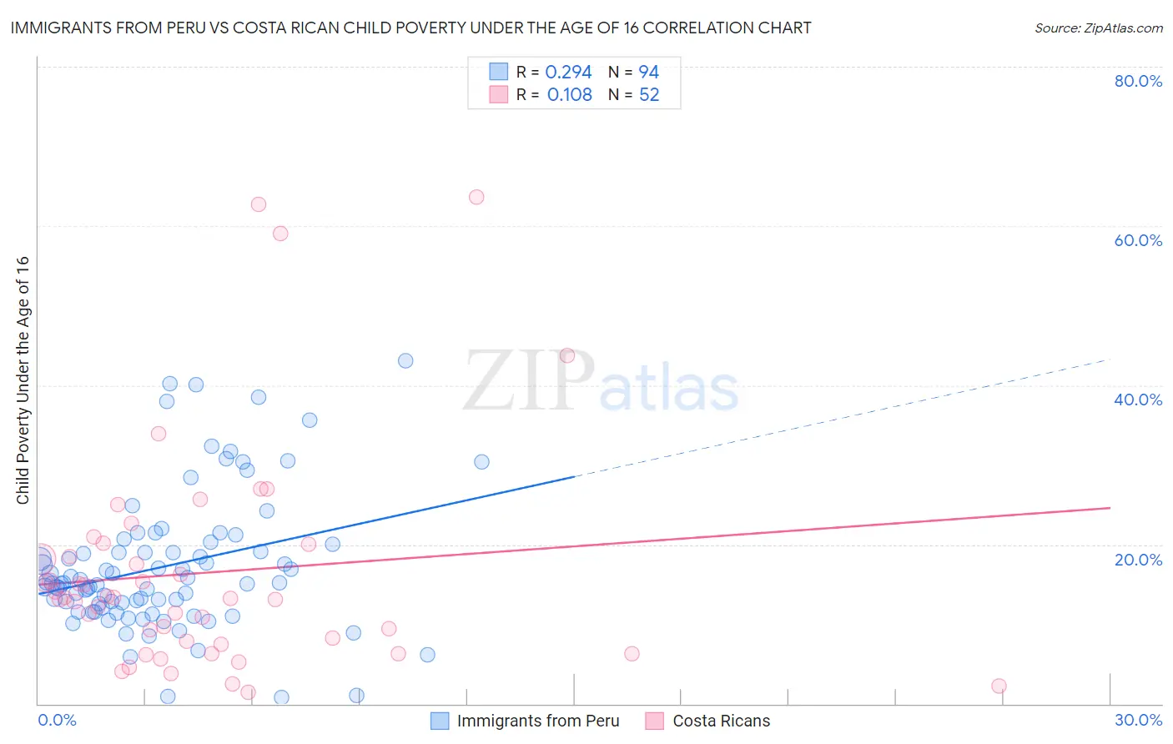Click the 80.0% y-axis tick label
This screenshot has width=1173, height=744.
(x=1138, y=81)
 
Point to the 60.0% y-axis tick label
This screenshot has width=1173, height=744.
(x=1138, y=240)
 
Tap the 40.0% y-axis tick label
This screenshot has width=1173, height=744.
(x=1138, y=400)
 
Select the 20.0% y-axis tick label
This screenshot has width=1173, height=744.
(x=1138, y=560)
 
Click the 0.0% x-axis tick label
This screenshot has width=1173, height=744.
(x=57, y=720)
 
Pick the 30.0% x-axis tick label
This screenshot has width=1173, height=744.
(x=1138, y=720)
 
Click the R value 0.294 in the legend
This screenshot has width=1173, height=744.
(x=568, y=73)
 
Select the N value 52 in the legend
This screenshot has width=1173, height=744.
(x=649, y=95)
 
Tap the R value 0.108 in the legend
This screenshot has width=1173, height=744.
(x=569, y=95)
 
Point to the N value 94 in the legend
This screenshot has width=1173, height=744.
(x=649, y=73)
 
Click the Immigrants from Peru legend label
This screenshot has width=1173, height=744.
(x=538, y=721)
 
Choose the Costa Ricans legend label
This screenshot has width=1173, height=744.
(x=721, y=721)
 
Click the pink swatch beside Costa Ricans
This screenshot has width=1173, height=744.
(x=655, y=721)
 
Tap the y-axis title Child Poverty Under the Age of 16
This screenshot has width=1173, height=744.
(x=23, y=380)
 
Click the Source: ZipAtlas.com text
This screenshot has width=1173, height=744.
(x=1098, y=28)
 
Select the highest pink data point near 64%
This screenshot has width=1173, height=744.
(x=476, y=197)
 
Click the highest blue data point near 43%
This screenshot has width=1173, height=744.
(x=405, y=360)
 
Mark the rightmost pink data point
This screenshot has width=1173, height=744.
(x=999, y=686)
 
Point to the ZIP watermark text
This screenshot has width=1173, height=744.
(x=529, y=382)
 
